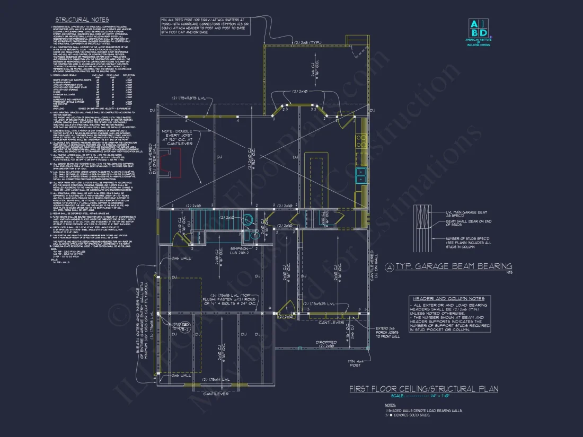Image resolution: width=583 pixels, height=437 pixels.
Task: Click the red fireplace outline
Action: (x=173, y=162)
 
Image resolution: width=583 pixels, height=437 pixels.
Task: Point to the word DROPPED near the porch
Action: (x=326, y=342)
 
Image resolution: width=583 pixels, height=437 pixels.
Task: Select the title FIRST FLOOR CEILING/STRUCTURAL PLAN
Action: (x=423, y=389)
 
